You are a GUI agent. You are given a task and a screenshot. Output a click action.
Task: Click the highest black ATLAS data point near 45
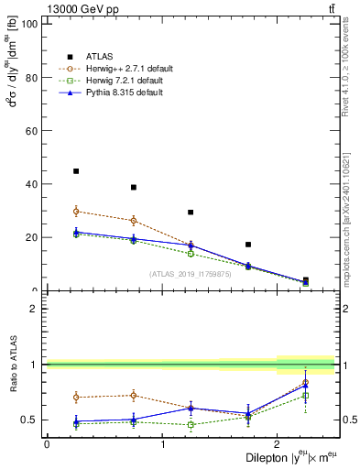point(76,171)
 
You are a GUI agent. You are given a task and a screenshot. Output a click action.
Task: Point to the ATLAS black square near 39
point(134,187)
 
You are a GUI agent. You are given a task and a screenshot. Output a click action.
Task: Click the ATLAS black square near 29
point(191,213)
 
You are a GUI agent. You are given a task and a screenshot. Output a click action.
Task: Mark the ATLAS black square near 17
point(248,245)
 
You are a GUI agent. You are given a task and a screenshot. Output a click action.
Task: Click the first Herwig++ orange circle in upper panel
point(76,212)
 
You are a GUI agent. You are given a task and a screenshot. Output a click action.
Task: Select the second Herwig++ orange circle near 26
point(134,221)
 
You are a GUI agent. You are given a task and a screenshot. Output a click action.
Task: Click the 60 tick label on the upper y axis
point(32,131)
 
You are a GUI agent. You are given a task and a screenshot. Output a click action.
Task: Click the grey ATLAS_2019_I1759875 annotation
point(190,274)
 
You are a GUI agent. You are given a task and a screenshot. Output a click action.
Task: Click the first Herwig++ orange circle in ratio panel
point(76,397)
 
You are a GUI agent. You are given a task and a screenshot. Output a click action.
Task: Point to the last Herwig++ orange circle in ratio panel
point(305,382)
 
